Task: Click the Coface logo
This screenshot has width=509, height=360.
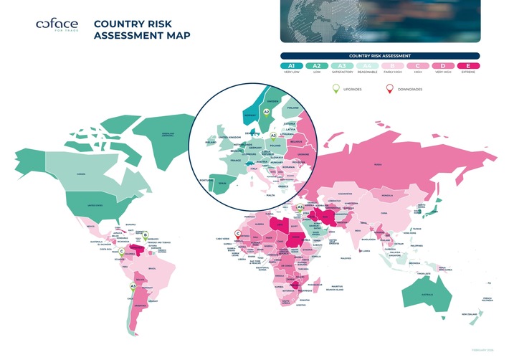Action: (x=57, y=26)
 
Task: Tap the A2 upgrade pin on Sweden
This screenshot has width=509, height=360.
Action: (x=266, y=111)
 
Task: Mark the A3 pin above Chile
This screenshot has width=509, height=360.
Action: (x=133, y=286)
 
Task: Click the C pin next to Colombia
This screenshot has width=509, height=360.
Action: (x=122, y=250)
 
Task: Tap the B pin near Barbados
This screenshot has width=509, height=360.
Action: (x=146, y=234)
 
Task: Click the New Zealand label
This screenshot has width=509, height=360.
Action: (x=470, y=314)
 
